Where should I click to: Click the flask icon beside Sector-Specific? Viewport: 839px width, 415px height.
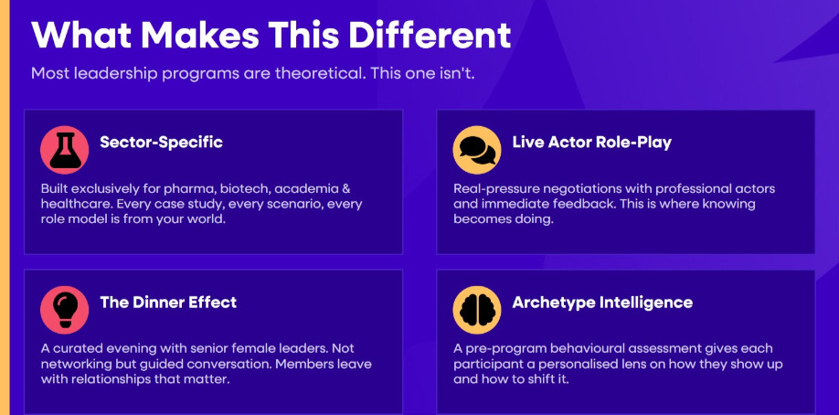tap(65, 151)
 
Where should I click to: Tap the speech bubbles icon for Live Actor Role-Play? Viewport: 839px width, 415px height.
tap(477, 151)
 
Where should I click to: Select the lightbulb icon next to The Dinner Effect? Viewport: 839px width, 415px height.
tap(65, 310)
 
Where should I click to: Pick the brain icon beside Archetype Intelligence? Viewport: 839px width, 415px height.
tap(477, 310)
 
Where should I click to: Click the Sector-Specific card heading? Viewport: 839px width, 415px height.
tap(161, 143)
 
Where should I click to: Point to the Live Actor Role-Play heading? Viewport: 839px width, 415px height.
tap(592, 143)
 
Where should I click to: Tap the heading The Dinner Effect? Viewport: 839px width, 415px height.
tap(168, 302)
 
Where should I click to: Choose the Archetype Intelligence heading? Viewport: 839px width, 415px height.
tap(602, 303)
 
